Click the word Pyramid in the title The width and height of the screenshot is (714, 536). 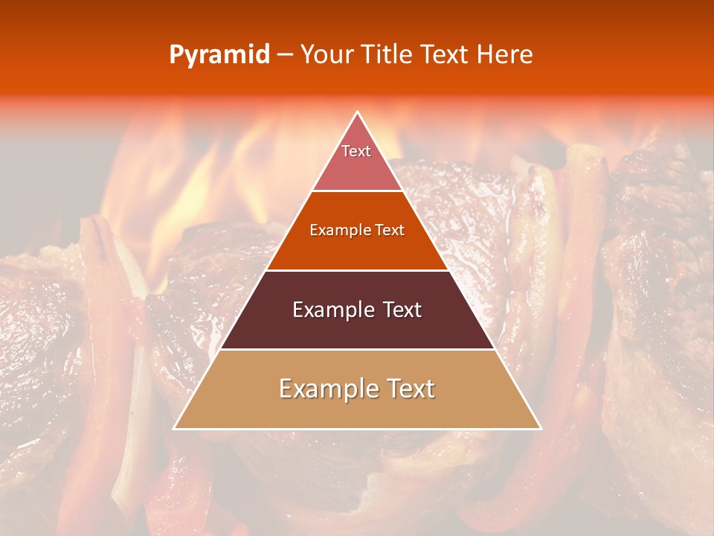point(219,55)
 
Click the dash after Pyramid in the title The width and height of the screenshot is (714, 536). point(286,55)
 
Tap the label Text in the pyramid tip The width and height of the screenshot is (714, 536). point(356,151)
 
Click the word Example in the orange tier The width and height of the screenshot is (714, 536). point(336,230)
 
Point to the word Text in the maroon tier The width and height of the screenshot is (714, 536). point(399,310)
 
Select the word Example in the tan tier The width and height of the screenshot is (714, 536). point(327,389)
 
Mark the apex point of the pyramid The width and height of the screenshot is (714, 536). point(357,112)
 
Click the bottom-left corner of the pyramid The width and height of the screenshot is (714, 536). point(174,429)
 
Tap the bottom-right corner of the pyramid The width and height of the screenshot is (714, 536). point(541,429)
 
